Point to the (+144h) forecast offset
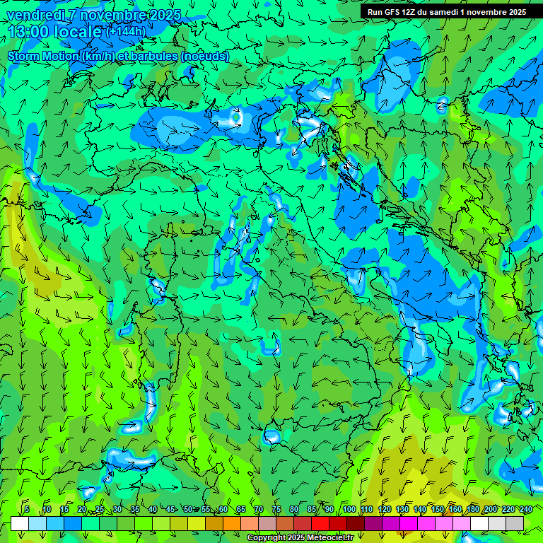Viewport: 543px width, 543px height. (126, 31)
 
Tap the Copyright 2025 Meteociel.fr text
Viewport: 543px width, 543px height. (300, 538)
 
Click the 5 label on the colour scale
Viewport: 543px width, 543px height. (27, 509)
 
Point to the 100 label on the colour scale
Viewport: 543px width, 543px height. (349, 509)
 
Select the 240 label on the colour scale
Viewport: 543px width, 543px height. (526, 509)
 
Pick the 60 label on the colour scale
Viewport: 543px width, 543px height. (223, 509)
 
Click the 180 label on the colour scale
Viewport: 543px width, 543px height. (472, 509)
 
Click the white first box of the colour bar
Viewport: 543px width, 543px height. (20, 522)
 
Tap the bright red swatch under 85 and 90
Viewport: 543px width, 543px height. (320, 522)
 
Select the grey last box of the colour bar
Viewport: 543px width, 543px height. (515, 522)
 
